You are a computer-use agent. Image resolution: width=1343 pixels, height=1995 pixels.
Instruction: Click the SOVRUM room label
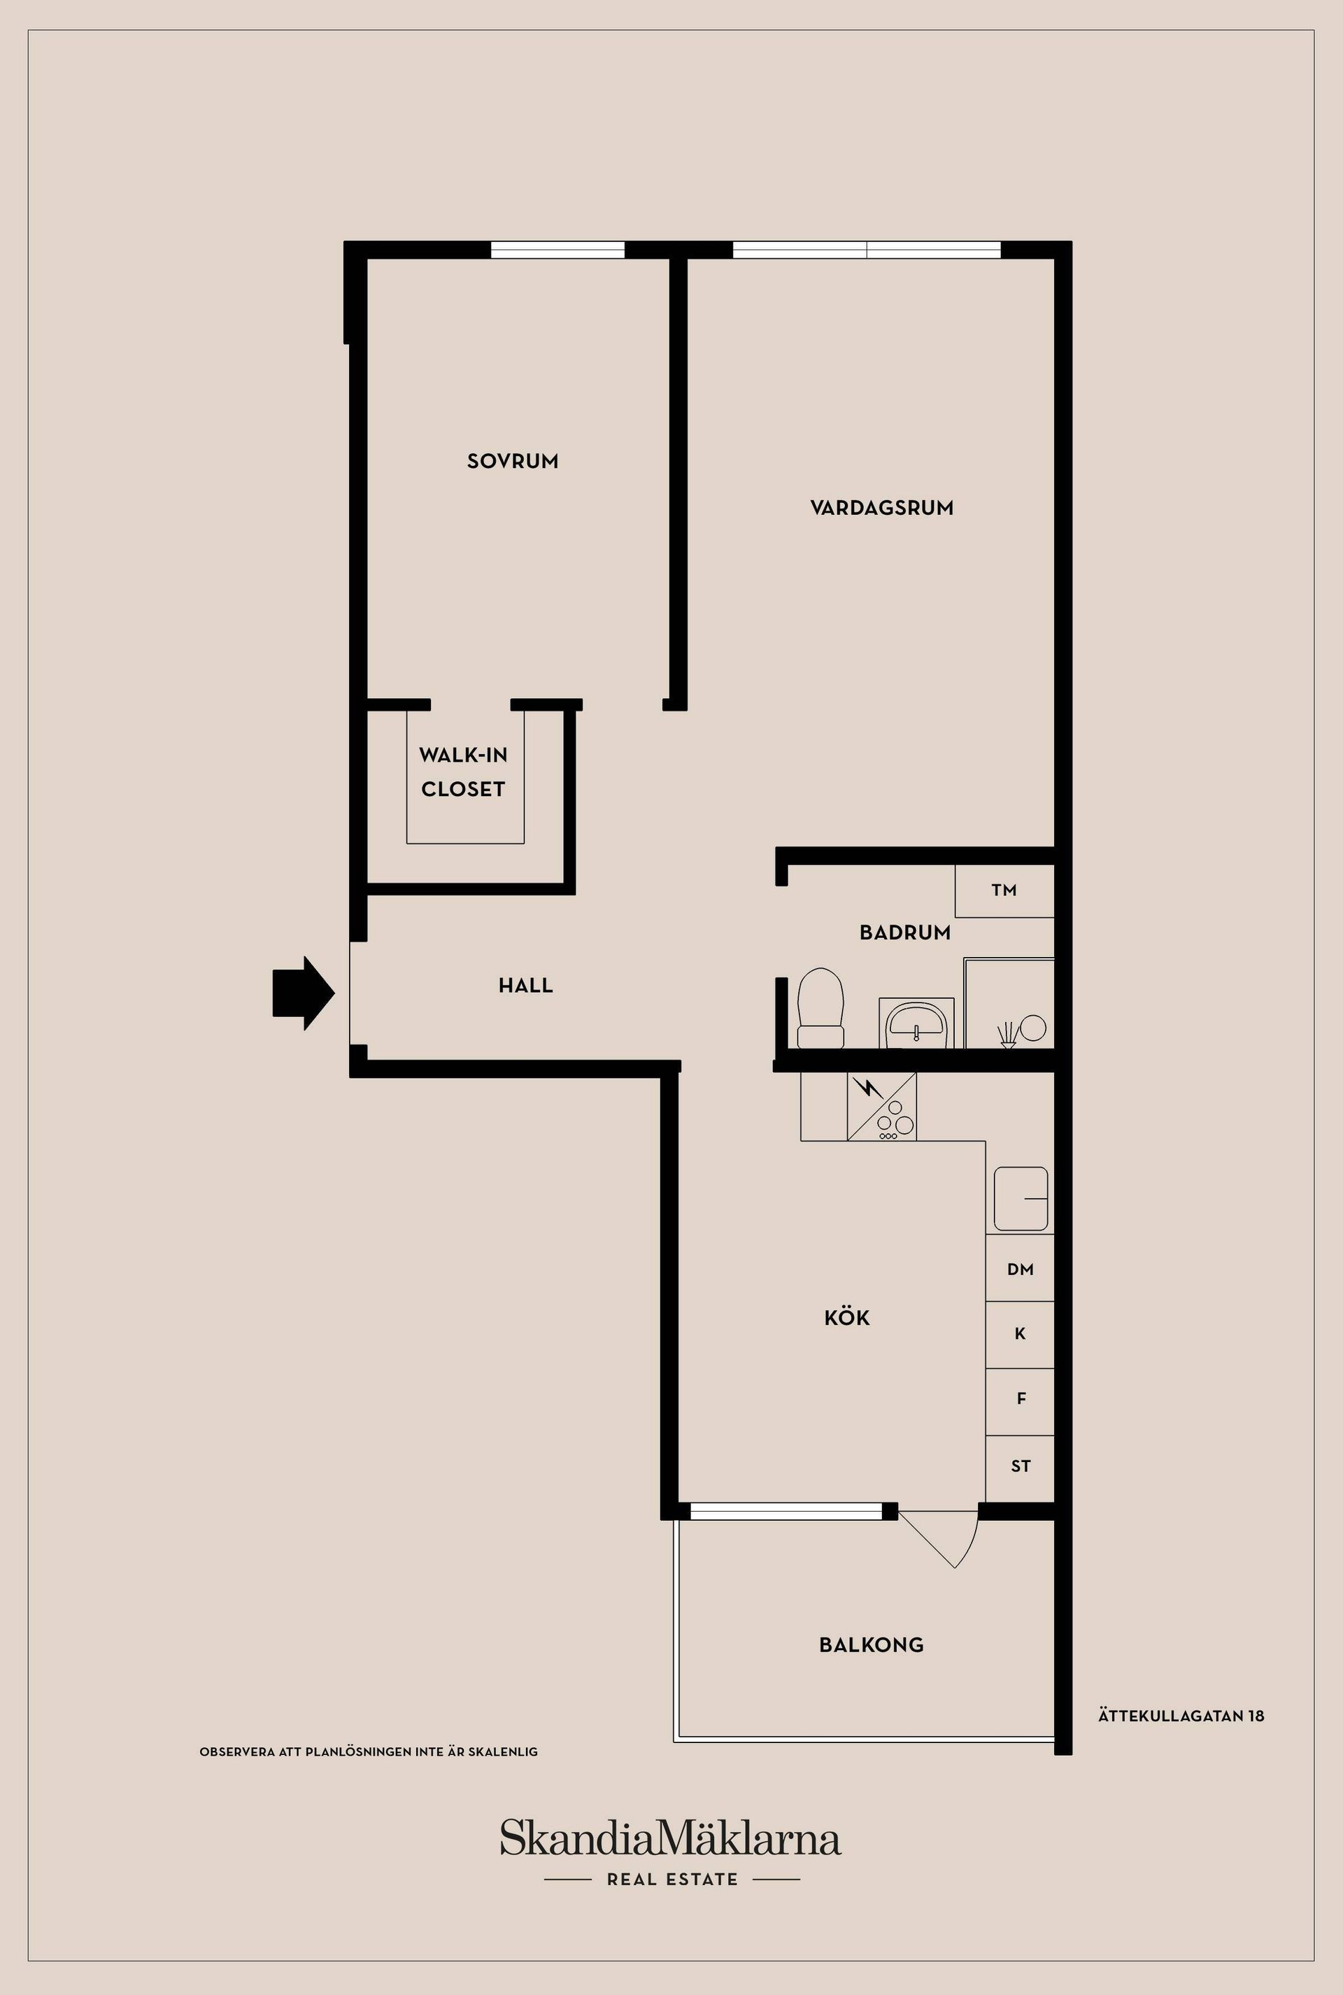coord(512,461)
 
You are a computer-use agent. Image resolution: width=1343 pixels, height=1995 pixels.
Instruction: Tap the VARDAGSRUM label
coord(881,508)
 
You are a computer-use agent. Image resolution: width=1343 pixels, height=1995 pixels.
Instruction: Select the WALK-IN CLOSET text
coord(463,772)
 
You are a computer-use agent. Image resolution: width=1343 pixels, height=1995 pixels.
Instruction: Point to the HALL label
coord(526,985)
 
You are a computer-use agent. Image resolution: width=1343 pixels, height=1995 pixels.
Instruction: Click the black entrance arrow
coord(303,993)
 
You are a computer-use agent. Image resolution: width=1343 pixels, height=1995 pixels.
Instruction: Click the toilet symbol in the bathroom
coord(820,1007)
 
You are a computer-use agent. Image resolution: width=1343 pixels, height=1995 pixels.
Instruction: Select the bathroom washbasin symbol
coord(916,1022)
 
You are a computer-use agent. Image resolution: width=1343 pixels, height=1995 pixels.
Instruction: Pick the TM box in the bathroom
coord(1004,891)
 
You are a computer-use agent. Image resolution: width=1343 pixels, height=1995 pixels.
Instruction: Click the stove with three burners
coord(881,1107)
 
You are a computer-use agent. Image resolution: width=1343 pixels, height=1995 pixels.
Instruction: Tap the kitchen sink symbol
coord(1020,1198)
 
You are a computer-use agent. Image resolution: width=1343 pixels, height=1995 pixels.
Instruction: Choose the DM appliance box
coord(1020,1269)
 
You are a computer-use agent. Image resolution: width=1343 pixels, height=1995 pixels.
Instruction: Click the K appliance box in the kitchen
coord(1020,1335)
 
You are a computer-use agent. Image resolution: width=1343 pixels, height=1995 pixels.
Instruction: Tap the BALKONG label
coord(871,1645)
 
